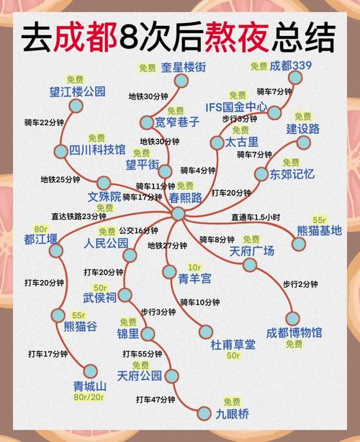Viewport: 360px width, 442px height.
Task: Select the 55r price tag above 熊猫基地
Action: point(320,218)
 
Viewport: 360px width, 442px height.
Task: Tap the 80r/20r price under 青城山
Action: point(89,397)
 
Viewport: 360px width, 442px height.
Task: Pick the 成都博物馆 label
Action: point(294,333)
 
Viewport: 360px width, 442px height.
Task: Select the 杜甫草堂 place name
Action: point(233,345)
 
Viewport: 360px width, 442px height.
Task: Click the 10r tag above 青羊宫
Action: point(194,266)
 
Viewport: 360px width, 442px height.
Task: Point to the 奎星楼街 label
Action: point(183,66)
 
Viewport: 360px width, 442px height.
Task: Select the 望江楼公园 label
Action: point(77,91)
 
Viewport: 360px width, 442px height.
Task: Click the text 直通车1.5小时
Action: point(256,217)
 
